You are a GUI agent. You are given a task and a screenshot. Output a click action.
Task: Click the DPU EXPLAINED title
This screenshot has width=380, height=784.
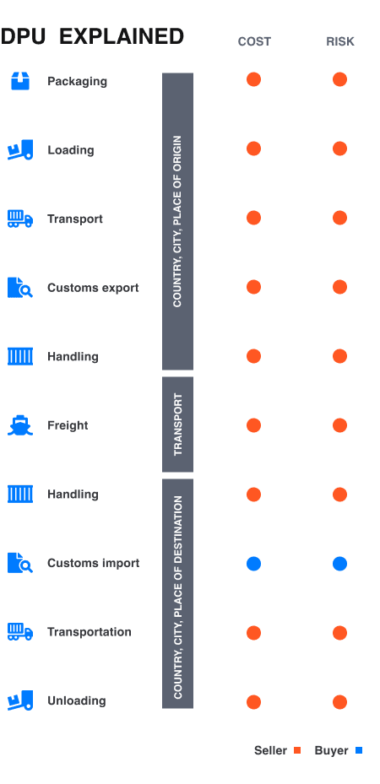pyautogui.click(x=92, y=36)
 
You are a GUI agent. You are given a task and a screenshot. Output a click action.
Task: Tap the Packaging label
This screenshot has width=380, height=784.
pyautogui.click(x=77, y=81)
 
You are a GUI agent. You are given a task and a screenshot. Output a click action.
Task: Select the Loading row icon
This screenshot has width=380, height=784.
pyautogui.click(x=20, y=150)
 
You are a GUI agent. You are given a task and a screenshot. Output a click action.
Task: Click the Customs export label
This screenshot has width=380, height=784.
pyautogui.click(x=93, y=288)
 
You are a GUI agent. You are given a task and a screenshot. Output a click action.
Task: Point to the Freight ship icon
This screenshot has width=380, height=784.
pyautogui.click(x=20, y=425)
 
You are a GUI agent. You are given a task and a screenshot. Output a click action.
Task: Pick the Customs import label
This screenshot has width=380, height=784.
pyautogui.click(x=93, y=563)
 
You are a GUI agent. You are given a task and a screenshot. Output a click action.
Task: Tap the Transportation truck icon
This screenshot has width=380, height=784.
pyautogui.click(x=20, y=631)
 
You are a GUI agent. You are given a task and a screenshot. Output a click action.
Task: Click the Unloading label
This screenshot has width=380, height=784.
pyautogui.click(x=76, y=700)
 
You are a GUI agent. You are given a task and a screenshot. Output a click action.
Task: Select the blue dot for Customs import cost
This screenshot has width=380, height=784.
pyautogui.click(x=253, y=563)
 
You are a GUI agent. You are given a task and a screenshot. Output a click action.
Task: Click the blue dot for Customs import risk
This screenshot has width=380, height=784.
pyautogui.click(x=339, y=563)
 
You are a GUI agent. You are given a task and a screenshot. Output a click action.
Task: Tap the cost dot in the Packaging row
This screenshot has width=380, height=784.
pyautogui.click(x=253, y=79)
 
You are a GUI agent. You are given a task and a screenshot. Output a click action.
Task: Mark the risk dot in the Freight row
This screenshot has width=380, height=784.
pyautogui.click(x=339, y=424)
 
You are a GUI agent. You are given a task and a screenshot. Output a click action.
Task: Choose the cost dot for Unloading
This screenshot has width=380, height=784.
pyautogui.click(x=253, y=701)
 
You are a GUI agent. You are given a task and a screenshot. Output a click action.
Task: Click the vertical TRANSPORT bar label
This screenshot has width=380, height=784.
pyautogui.click(x=178, y=424)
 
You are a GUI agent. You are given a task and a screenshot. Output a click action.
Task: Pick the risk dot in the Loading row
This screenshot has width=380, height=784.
pyautogui.click(x=339, y=149)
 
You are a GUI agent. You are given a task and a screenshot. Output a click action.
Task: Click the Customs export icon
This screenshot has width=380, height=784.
pyautogui.click(x=20, y=288)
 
